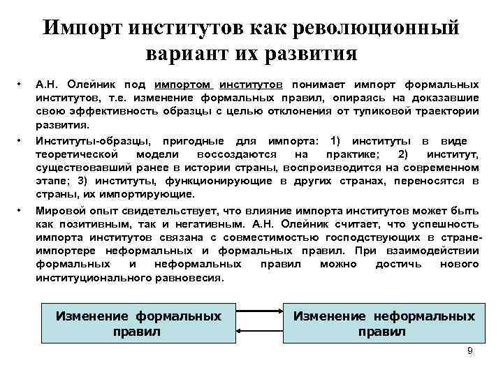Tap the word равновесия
click(x=187, y=276)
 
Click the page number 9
click(x=469, y=350)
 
